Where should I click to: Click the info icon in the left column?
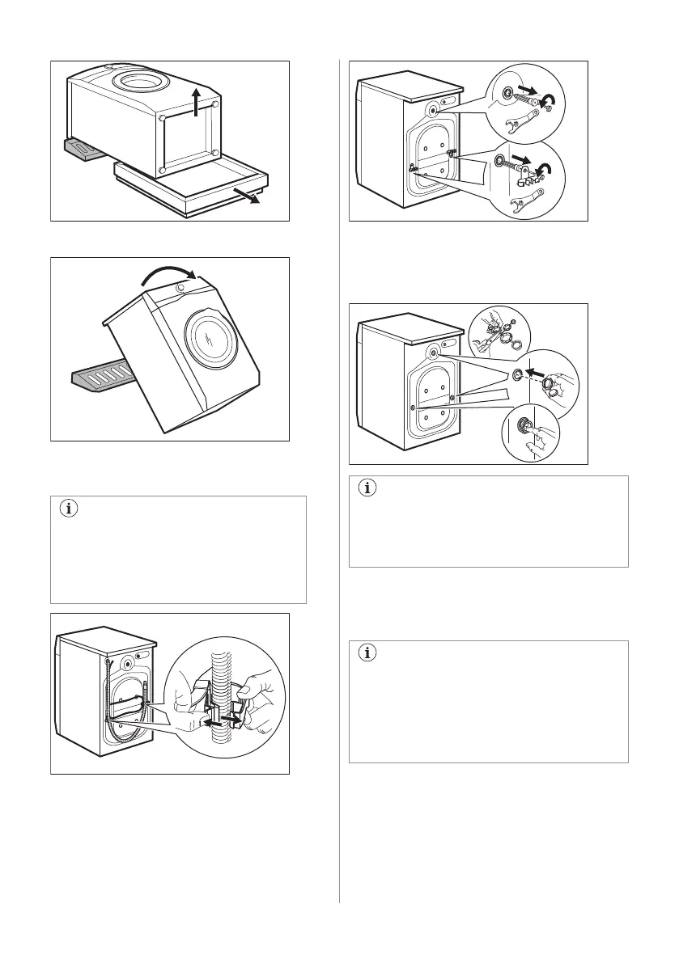click(67, 509)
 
